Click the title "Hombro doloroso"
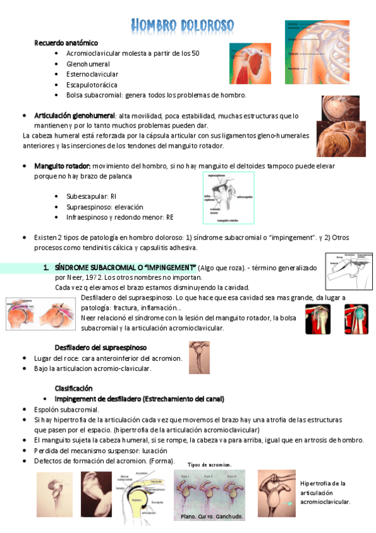click(x=183, y=26)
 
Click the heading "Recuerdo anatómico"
click(x=66, y=43)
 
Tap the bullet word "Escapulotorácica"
click(x=92, y=85)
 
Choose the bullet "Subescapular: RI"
click(x=91, y=196)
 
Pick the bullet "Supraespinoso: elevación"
click(x=104, y=207)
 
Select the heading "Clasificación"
click(x=73, y=388)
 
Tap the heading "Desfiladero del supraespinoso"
click(x=100, y=347)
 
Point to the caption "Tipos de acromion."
click(x=210, y=464)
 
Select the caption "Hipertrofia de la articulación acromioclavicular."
click(x=325, y=492)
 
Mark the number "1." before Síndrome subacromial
click(x=46, y=267)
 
